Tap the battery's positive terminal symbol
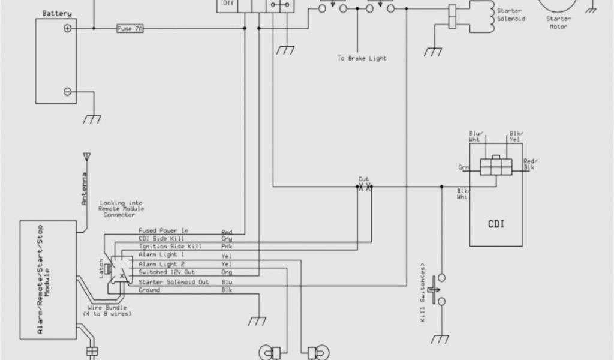68,28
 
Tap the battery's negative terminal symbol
68,92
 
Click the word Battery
57,13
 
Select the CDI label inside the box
495,224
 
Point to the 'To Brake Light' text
362,58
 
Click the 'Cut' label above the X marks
364,179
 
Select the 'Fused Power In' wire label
164,230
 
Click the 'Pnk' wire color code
227,247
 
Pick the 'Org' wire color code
227,272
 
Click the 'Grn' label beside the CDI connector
464,168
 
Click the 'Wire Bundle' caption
108,307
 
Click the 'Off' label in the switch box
228,4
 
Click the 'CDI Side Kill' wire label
158,239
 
